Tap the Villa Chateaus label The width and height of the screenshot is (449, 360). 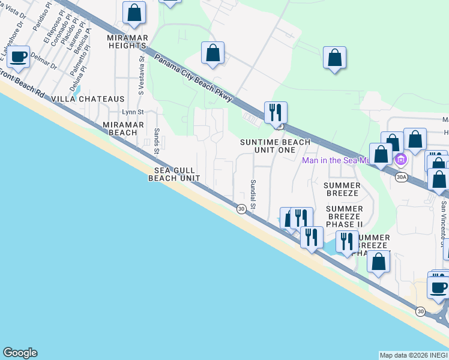coord(88,99)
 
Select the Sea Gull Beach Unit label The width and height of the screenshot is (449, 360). coord(174,174)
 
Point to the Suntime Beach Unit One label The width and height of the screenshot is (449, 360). coord(276,146)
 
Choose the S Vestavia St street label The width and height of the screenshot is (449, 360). coord(142,76)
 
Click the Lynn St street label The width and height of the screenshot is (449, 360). coord(133,112)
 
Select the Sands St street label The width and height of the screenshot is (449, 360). coord(157,139)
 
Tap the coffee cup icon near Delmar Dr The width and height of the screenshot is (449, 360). coord(19,57)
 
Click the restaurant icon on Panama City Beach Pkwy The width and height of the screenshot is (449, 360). coord(276,112)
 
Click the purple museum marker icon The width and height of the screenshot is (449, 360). coord(401,160)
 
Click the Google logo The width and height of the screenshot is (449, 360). coord(20,353)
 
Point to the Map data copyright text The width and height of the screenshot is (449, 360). coord(414,355)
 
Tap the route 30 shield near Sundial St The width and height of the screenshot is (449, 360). coord(241,209)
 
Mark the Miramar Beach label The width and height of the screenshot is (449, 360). coord(120,128)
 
